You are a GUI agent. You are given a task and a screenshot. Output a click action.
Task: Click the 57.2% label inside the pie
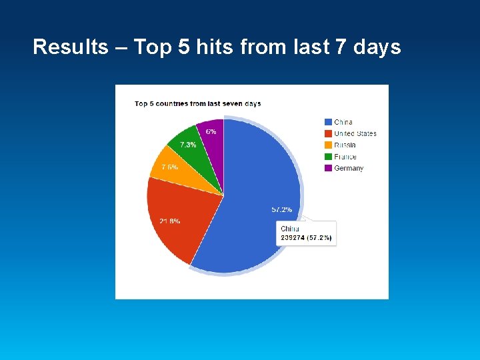pyautogui.click(x=281, y=209)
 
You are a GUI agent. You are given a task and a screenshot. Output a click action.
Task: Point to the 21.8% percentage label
pyautogui.click(x=169, y=221)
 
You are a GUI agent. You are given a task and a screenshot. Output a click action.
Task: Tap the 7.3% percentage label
pyautogui.click(x=188, y=145)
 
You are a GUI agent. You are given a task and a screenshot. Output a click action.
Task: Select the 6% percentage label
pyautogui.click(x=211, y=132)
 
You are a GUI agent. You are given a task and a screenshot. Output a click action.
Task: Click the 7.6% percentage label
pyautogui.click(x=169, y=167)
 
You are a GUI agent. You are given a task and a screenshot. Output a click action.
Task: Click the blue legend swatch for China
pyautogui.click(x=328, y=122)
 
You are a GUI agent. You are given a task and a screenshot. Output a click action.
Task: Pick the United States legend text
pyautogui.click(x=355, y=133)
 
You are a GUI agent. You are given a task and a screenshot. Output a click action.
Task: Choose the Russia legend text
pyautogui.click(x=345, y=145)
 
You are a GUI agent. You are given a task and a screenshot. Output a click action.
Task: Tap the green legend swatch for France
pyautogui.click(x=328, y=157)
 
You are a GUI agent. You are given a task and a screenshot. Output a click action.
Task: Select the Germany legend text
pyautogui.click(x=349, y=168)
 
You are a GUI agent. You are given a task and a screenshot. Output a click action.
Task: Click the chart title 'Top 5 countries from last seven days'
pyautogui.click(x=197, y=103)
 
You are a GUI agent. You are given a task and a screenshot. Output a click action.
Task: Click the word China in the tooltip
pyautogui.click(x=290, y=229)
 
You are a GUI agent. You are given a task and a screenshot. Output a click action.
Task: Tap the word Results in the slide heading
pyautogui.click(x=70, y=47)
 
